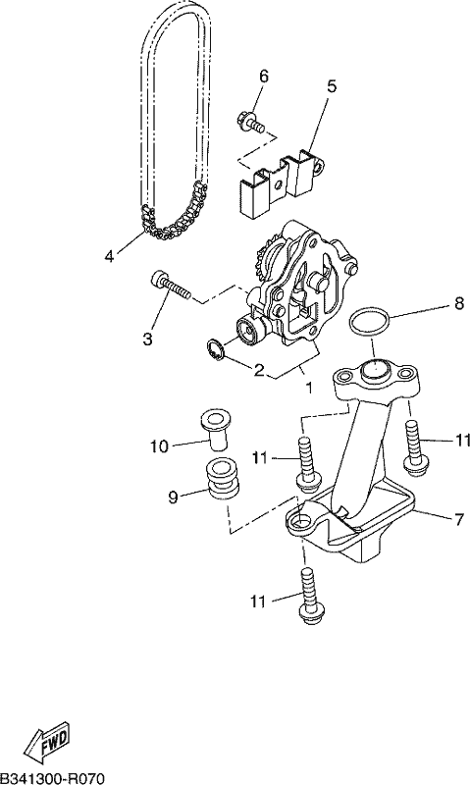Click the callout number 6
pos(263,77)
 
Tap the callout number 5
pos(332,86)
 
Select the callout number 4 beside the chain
pos(109,256)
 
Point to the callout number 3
pos(146,340)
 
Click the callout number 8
pos(459,304)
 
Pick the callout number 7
pos(459,520)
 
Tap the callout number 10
pos(159,446)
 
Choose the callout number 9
pos(173,497)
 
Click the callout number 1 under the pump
pos(308,388)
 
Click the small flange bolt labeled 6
pos(250,123)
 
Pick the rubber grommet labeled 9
pos(224,479)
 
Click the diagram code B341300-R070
pos(52,778)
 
